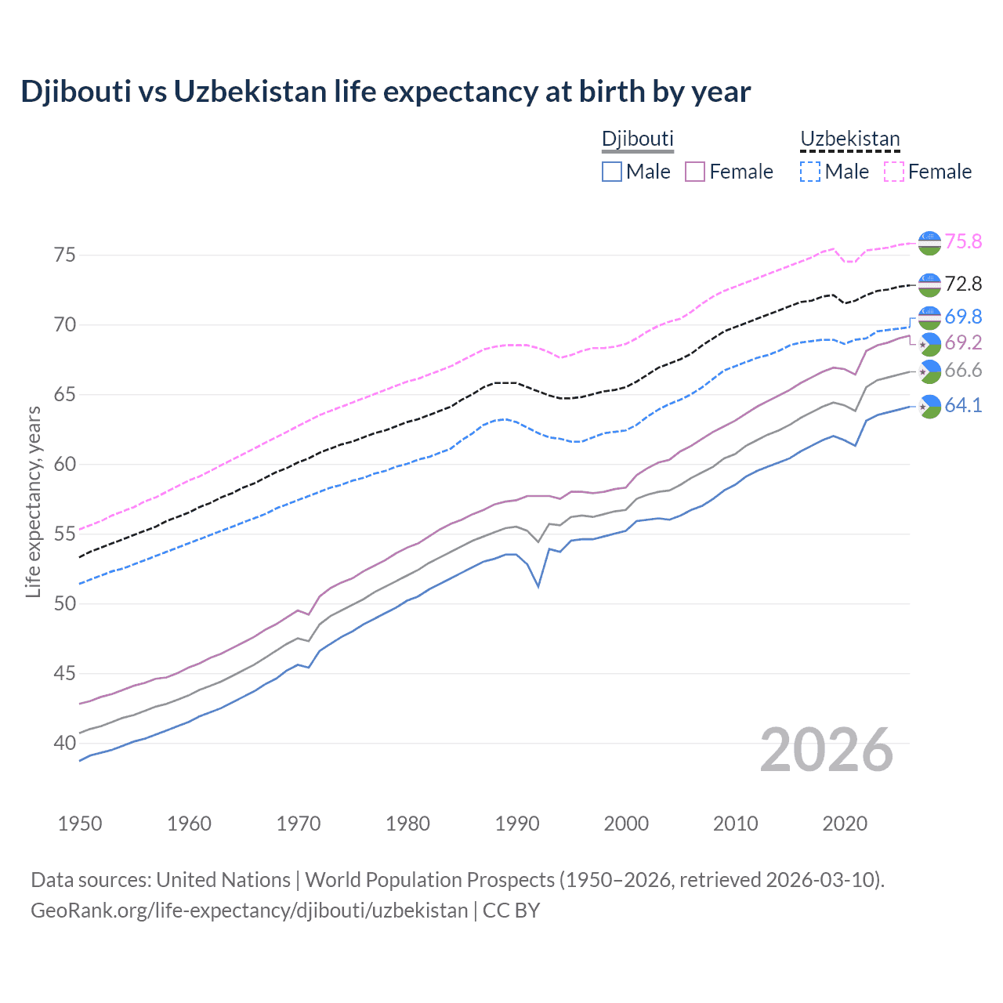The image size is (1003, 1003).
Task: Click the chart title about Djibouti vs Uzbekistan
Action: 386,92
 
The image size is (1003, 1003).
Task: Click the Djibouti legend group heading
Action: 637,139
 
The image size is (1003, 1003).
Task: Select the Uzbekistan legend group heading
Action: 849,139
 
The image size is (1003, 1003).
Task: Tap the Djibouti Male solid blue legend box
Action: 612,172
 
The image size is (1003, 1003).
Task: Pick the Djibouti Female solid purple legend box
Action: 695,172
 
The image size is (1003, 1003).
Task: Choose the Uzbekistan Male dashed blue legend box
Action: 810,172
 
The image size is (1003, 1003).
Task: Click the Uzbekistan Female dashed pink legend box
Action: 894,172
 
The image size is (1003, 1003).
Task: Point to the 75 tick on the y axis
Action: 65,255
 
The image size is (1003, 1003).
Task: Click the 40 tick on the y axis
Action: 65,743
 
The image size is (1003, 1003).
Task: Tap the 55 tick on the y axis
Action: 65,534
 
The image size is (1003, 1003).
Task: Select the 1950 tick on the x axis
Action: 80,824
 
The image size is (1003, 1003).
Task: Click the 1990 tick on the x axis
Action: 517,824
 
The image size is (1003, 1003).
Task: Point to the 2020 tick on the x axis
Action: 845,824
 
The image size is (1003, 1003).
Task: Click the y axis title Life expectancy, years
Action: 33,501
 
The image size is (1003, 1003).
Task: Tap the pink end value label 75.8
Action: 963,241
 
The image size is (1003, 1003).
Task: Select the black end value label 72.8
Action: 963,284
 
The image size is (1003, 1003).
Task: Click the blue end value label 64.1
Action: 963,405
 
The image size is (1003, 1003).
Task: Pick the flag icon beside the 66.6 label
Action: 929,371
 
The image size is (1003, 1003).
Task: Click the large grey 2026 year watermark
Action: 827,750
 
